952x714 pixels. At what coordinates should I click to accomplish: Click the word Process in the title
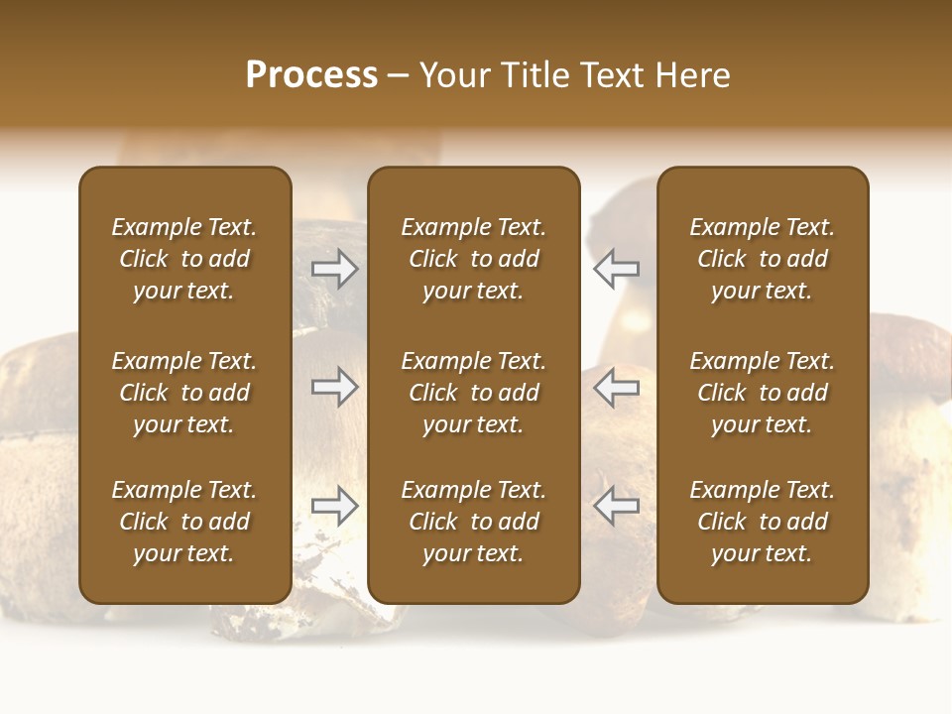point(311,75)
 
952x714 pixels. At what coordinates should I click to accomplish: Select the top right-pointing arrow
point(335,269)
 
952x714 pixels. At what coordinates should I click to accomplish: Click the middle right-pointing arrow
point(335,387)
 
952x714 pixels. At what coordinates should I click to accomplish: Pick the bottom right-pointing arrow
point(335,506)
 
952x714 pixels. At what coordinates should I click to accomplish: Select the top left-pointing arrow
point(616,269)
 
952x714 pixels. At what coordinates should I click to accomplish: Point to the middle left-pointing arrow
point(616,387)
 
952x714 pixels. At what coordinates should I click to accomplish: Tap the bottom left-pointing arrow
point(616,506)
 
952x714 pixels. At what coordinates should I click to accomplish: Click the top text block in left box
point(184,259)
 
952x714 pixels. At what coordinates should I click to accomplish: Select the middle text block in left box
point(184,393)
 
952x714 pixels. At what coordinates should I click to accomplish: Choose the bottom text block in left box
point(184,522)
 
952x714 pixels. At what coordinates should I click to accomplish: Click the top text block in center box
point(473,259)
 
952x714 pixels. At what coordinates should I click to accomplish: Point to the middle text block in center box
point(473,393)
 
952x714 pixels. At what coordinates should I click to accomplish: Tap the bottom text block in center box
point(473,522)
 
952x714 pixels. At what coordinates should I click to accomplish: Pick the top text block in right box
point(762,259)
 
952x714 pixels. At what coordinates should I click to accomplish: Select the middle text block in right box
point(762,393)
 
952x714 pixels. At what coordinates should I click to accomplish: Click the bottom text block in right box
point(762,522)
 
